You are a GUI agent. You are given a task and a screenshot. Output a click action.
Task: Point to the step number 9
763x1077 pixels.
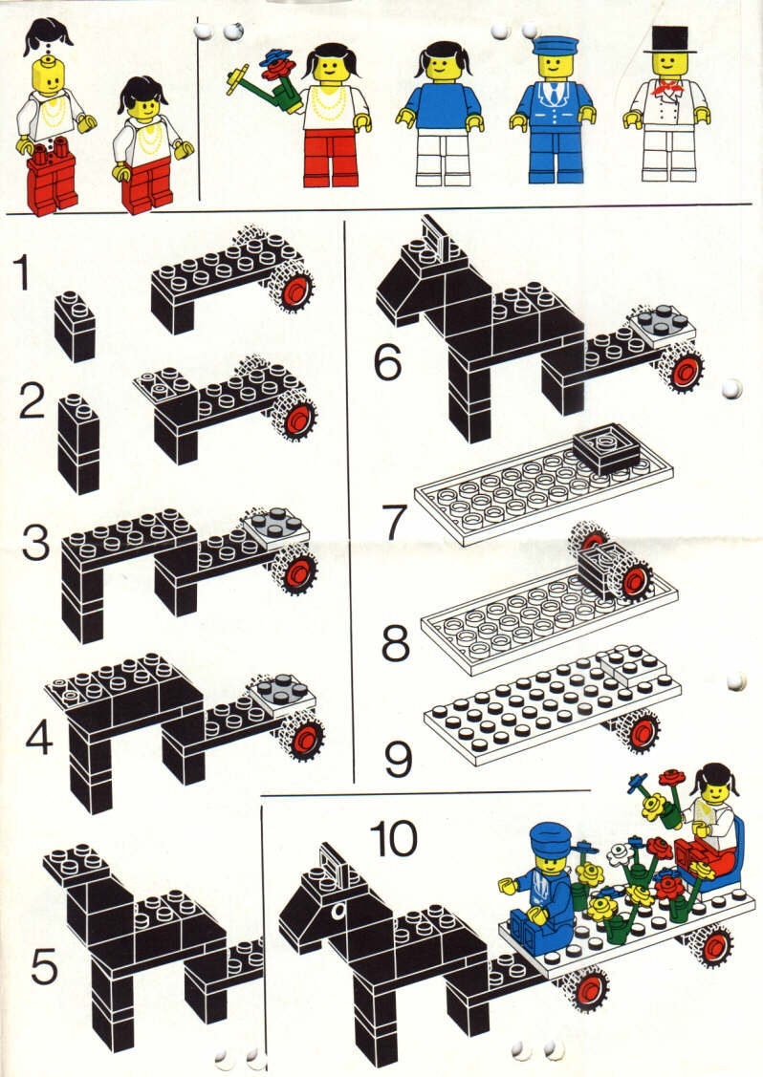pos(398,758)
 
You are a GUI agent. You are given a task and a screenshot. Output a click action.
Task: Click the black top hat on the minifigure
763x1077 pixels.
pos(669,38)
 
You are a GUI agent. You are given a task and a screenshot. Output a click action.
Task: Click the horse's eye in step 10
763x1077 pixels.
pos(338,911)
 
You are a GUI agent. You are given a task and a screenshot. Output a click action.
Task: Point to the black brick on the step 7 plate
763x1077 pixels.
pos(606,448)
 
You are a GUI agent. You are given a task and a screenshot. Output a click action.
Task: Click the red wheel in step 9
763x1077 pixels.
pos(643,732)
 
